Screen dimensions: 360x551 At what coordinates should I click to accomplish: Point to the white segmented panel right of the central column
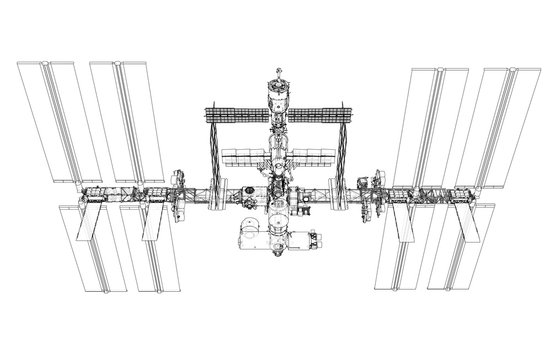310,157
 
